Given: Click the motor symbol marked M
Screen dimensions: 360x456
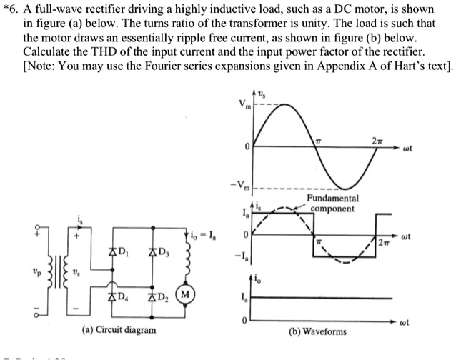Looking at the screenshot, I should [185, 295].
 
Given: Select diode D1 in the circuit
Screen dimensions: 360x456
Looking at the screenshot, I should [113, 251].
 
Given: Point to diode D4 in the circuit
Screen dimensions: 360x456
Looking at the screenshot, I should [113, 296].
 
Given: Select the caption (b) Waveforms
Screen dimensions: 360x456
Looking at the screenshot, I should [317, 331].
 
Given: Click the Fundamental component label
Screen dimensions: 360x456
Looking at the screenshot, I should [332, 203].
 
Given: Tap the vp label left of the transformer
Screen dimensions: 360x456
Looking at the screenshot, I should [9, 273].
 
